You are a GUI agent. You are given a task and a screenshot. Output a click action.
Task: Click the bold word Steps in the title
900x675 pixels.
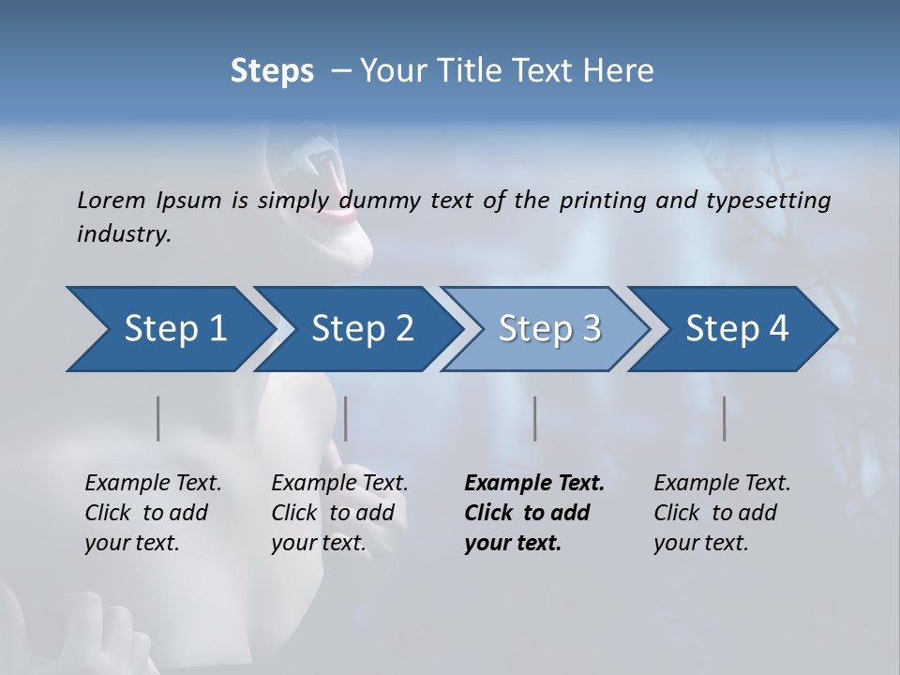[272, 71]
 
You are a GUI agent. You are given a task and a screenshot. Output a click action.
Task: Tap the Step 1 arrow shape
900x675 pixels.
[169, 329]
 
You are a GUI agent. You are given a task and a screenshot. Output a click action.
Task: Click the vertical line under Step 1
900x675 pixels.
[158, 418]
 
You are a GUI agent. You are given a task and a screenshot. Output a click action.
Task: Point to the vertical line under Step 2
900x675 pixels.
[346, 418]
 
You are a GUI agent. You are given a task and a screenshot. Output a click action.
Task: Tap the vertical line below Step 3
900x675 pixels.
[535, 418]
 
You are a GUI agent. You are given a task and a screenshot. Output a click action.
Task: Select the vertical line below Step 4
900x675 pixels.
[725, 418]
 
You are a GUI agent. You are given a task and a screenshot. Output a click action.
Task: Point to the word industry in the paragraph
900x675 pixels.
[124, 234]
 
